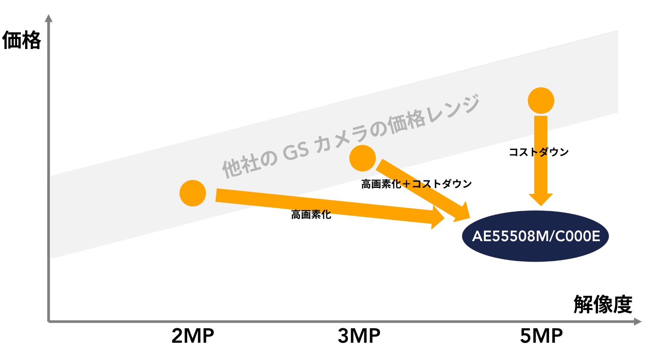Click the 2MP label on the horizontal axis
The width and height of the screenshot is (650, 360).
coord(193,336)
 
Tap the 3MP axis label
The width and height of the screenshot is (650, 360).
coord(359,336)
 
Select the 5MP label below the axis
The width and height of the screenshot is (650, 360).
coord(541,336)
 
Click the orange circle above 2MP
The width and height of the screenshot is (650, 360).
coord(193,193)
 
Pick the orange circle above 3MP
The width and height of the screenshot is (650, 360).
coord(362,158)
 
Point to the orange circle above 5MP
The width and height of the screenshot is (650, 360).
coord(541,101)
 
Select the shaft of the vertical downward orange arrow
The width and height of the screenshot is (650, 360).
coord(541,152)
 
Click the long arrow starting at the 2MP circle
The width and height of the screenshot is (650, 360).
coord(325,207)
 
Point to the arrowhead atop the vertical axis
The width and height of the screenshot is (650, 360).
coord(49,18)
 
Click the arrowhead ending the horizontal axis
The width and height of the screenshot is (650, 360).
coord(637,321)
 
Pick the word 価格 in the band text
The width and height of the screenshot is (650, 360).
coord(407,121)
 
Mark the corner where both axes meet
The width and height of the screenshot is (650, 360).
coord(49,321)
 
